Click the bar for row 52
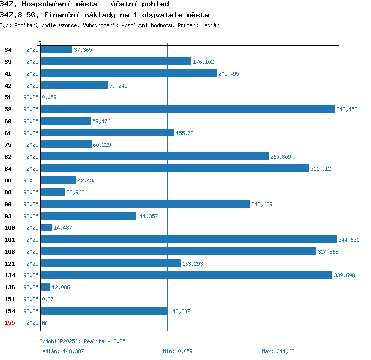click(x=187, y=109)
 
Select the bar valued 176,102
click(x=116, y=61)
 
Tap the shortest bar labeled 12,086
click(x=46, y=287)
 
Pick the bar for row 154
click(x=104, y=311)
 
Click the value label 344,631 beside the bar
click(x=349, y=240)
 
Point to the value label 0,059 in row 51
click(x=49, y=97)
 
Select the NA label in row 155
click(x=45, y=323)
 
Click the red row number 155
click(x=10, y=323)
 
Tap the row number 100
click(x=10, y=228)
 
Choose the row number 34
click(x=8, y=50)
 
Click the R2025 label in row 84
click(x=31, y=169)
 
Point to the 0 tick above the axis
click(x=40, y=40)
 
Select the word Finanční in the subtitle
click(x=61, y=15)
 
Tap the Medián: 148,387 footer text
click(x=61, y=351)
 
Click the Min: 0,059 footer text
click(x=178, y=351)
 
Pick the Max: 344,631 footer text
click(x=279, y=351)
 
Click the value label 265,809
click(x=280, y=157)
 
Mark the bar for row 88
click(x=52, y=192)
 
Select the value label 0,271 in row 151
click(x=49, y=299)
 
